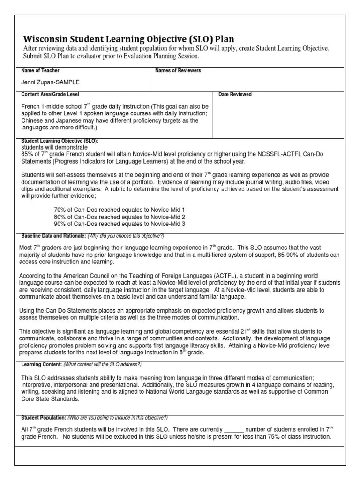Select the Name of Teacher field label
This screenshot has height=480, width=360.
pos(40,71)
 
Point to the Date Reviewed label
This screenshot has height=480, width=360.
pos(235,95)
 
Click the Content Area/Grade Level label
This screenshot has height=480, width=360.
pos(50,95)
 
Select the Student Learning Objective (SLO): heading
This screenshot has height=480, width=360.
pos(60,141)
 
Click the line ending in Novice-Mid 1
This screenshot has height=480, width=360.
pos(120,210)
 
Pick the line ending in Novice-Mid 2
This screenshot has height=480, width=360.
pos(120,217)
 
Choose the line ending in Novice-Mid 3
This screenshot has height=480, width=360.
pos(120,225)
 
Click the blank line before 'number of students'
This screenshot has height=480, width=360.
pos(234,429)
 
